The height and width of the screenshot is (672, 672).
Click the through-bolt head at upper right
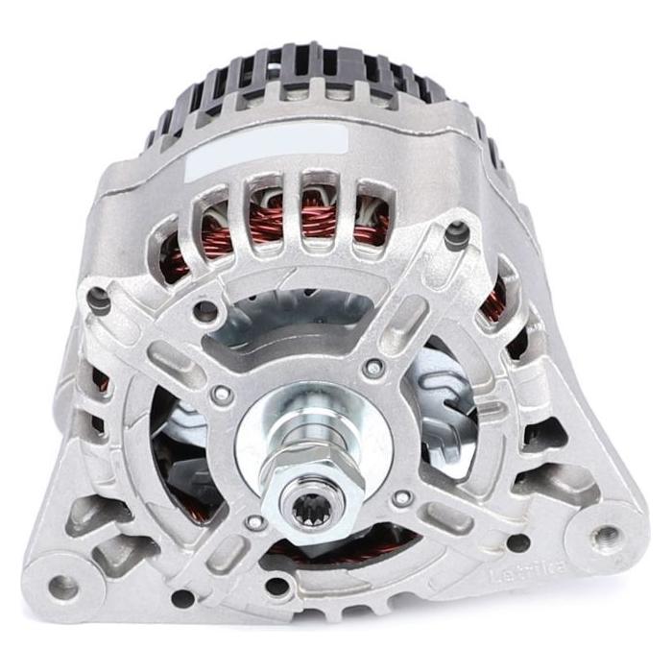pos(457,231)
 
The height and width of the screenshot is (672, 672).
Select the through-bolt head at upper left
pos(100,300)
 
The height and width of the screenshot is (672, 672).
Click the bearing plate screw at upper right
pos(373,367)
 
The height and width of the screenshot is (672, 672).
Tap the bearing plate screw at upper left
pos(223,394)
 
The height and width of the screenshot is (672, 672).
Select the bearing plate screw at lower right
pos(402,497)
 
